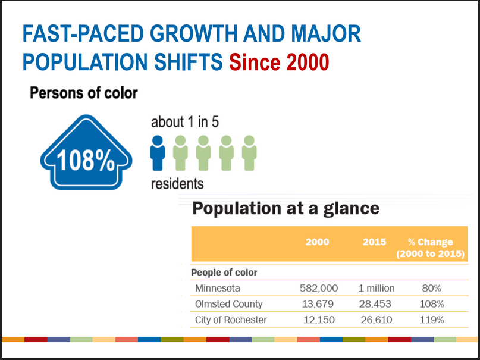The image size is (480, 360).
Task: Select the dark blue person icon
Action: tap(157, 153)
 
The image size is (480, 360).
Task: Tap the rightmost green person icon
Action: tap(249, 153)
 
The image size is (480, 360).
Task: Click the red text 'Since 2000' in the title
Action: tap(279, 62)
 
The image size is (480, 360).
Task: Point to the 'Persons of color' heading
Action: tap(83, 93)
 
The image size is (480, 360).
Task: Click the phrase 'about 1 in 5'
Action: tap(185, 122)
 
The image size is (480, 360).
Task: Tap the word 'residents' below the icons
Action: tap(177, 184)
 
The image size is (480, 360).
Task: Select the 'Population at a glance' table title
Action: tap(286, 209)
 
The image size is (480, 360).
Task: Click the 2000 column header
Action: tap(317, 242)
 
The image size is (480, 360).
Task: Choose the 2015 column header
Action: tap(374, 242)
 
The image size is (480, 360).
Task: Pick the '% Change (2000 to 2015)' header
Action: tap(430, 248)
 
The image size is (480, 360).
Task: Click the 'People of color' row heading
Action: tap(224, 273)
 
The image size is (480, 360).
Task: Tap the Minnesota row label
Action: tap(218, 288)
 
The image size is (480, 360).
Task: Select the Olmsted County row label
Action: tap(228, 304)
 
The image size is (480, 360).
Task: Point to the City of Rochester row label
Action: tap(231, 320)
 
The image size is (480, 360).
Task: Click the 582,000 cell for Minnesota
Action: tap(318, 288)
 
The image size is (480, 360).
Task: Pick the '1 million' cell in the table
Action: tap(376, 288)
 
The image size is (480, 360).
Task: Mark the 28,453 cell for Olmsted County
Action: tap(376, 304)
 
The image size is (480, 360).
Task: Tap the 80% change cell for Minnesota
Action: tap(431, 288)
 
